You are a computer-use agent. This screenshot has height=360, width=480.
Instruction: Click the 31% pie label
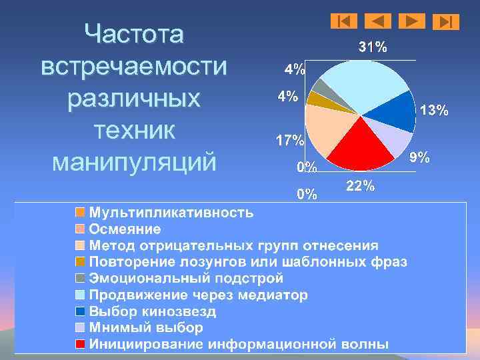point(372,47)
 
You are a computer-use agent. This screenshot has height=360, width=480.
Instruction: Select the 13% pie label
point(434,111)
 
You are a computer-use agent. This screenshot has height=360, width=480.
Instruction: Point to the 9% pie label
point(419,157)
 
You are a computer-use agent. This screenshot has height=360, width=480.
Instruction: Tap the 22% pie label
point(361,187)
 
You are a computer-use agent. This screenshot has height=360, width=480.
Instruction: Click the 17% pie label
point(291,141)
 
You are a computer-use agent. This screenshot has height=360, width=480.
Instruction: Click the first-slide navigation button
point(344,21)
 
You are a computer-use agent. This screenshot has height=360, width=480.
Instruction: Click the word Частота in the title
point(134,34)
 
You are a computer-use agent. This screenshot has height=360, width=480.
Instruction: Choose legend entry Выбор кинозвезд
point(153,311)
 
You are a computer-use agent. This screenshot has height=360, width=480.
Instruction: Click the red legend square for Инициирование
point(80,344)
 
